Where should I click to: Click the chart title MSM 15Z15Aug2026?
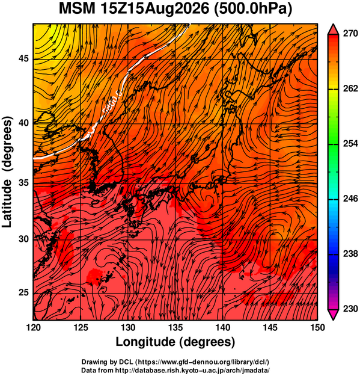pos(134,9)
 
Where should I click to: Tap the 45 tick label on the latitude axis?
pos(23,59)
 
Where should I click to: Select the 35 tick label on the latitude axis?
pos(23,183)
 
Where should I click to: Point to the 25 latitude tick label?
pos(23,292)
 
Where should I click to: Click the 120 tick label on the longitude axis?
pos(33,327)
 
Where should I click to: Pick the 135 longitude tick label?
pos(175,327)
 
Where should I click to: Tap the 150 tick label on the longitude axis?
pos(317,327)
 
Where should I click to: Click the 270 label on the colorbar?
pos(350,34)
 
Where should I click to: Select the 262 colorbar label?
pos(350,88)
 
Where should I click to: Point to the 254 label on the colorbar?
pos(350,144)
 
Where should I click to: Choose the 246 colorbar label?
pos(350,199)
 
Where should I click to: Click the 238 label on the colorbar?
pos(350,253)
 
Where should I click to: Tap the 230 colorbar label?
pos(350,309)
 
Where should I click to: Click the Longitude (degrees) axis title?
pos(175,342)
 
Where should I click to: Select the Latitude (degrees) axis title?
pos(7,172)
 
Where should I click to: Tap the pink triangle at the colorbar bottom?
pos(334,315)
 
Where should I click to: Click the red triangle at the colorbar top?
pos(334,29)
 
